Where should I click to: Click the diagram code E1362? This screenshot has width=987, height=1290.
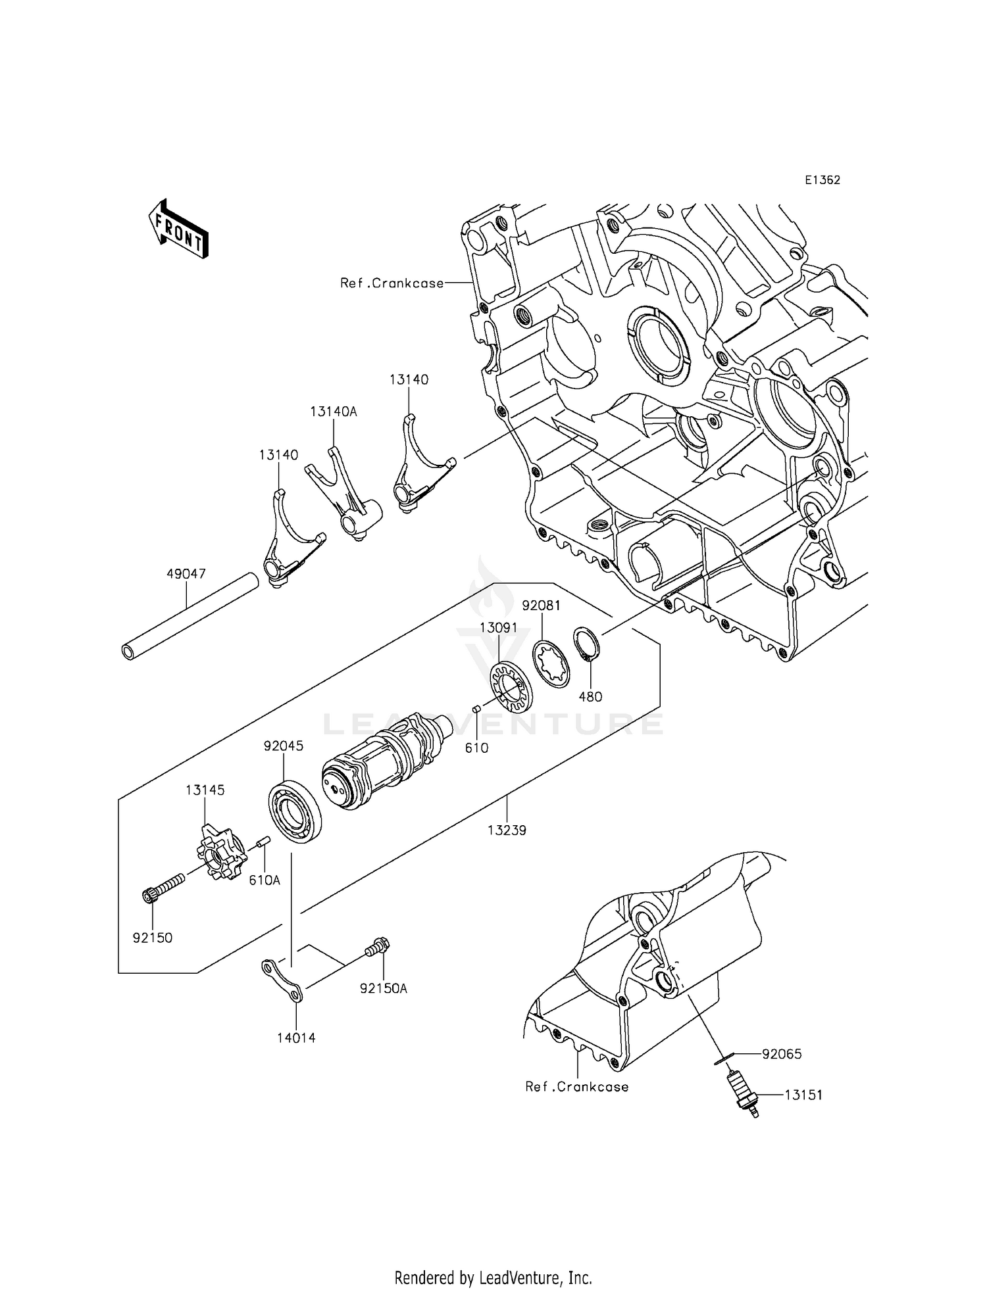[x=821, y=180]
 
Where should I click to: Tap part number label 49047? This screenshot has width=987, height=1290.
[x=186, y=574]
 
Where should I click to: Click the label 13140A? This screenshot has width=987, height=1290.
[x=333, y=412]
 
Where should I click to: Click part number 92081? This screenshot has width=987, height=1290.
[x=541, y=605]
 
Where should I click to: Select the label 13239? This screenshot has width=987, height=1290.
[x=507, y=830]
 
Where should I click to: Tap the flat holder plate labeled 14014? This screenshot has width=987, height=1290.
[x=282, y=982]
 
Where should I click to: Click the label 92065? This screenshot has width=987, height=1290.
[x=782, y=1054]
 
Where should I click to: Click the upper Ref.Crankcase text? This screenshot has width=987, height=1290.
[x=392, y=283]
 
